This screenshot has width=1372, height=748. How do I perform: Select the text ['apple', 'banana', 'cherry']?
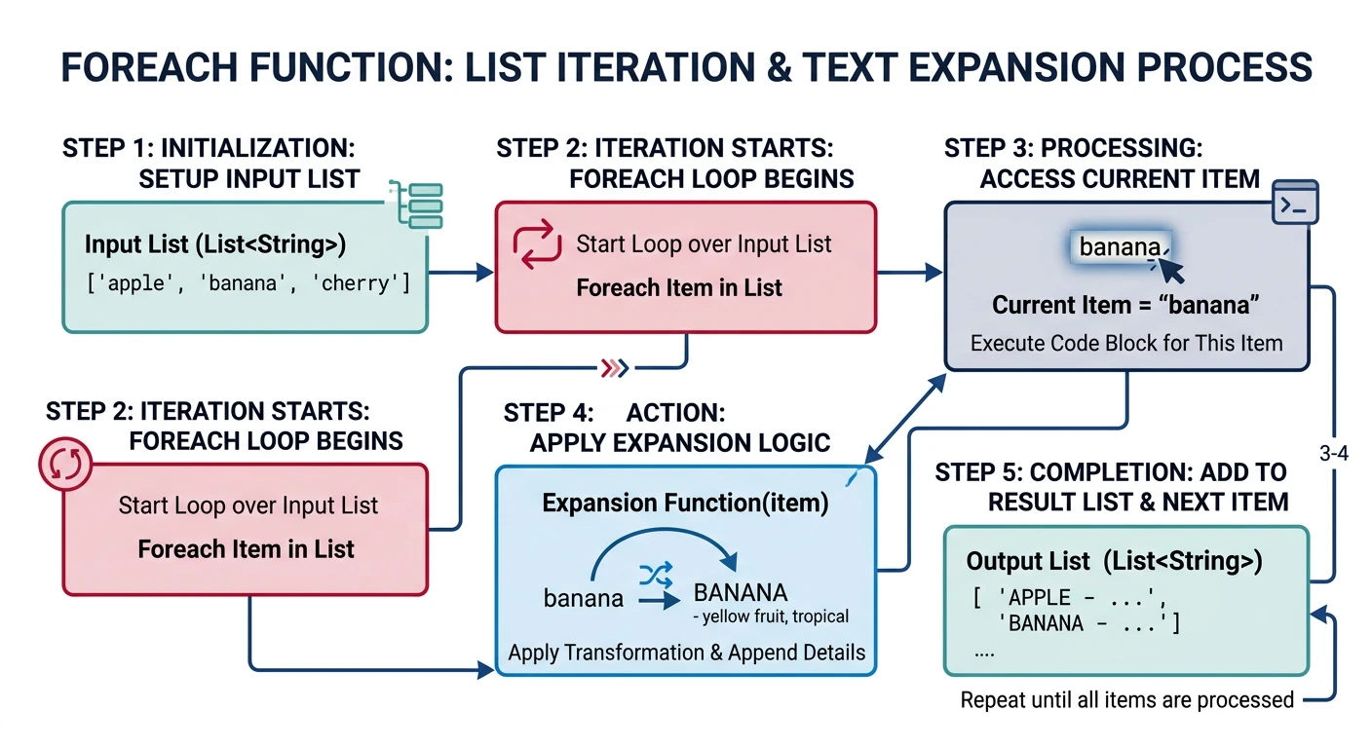(x=248, y=284)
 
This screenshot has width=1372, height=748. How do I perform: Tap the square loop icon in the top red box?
(x=537, y=244)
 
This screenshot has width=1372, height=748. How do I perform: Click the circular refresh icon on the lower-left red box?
(x=65, y=466)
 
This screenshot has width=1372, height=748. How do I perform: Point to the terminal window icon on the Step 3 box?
(x=1297, y=204)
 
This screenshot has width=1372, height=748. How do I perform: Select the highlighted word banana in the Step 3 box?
(x=1119, y=247)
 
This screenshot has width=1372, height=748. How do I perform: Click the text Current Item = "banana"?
(x=1126, y=305)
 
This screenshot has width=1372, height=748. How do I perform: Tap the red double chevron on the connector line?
(x=614, y=368)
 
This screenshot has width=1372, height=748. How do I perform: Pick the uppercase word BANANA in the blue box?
(x=740, y=593)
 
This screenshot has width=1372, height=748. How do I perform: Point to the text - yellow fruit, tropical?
(x=770, y=617)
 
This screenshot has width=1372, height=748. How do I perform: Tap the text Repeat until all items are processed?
(x=1126, y=700)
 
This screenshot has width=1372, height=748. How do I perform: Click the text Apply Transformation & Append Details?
(x=686, y=653)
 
